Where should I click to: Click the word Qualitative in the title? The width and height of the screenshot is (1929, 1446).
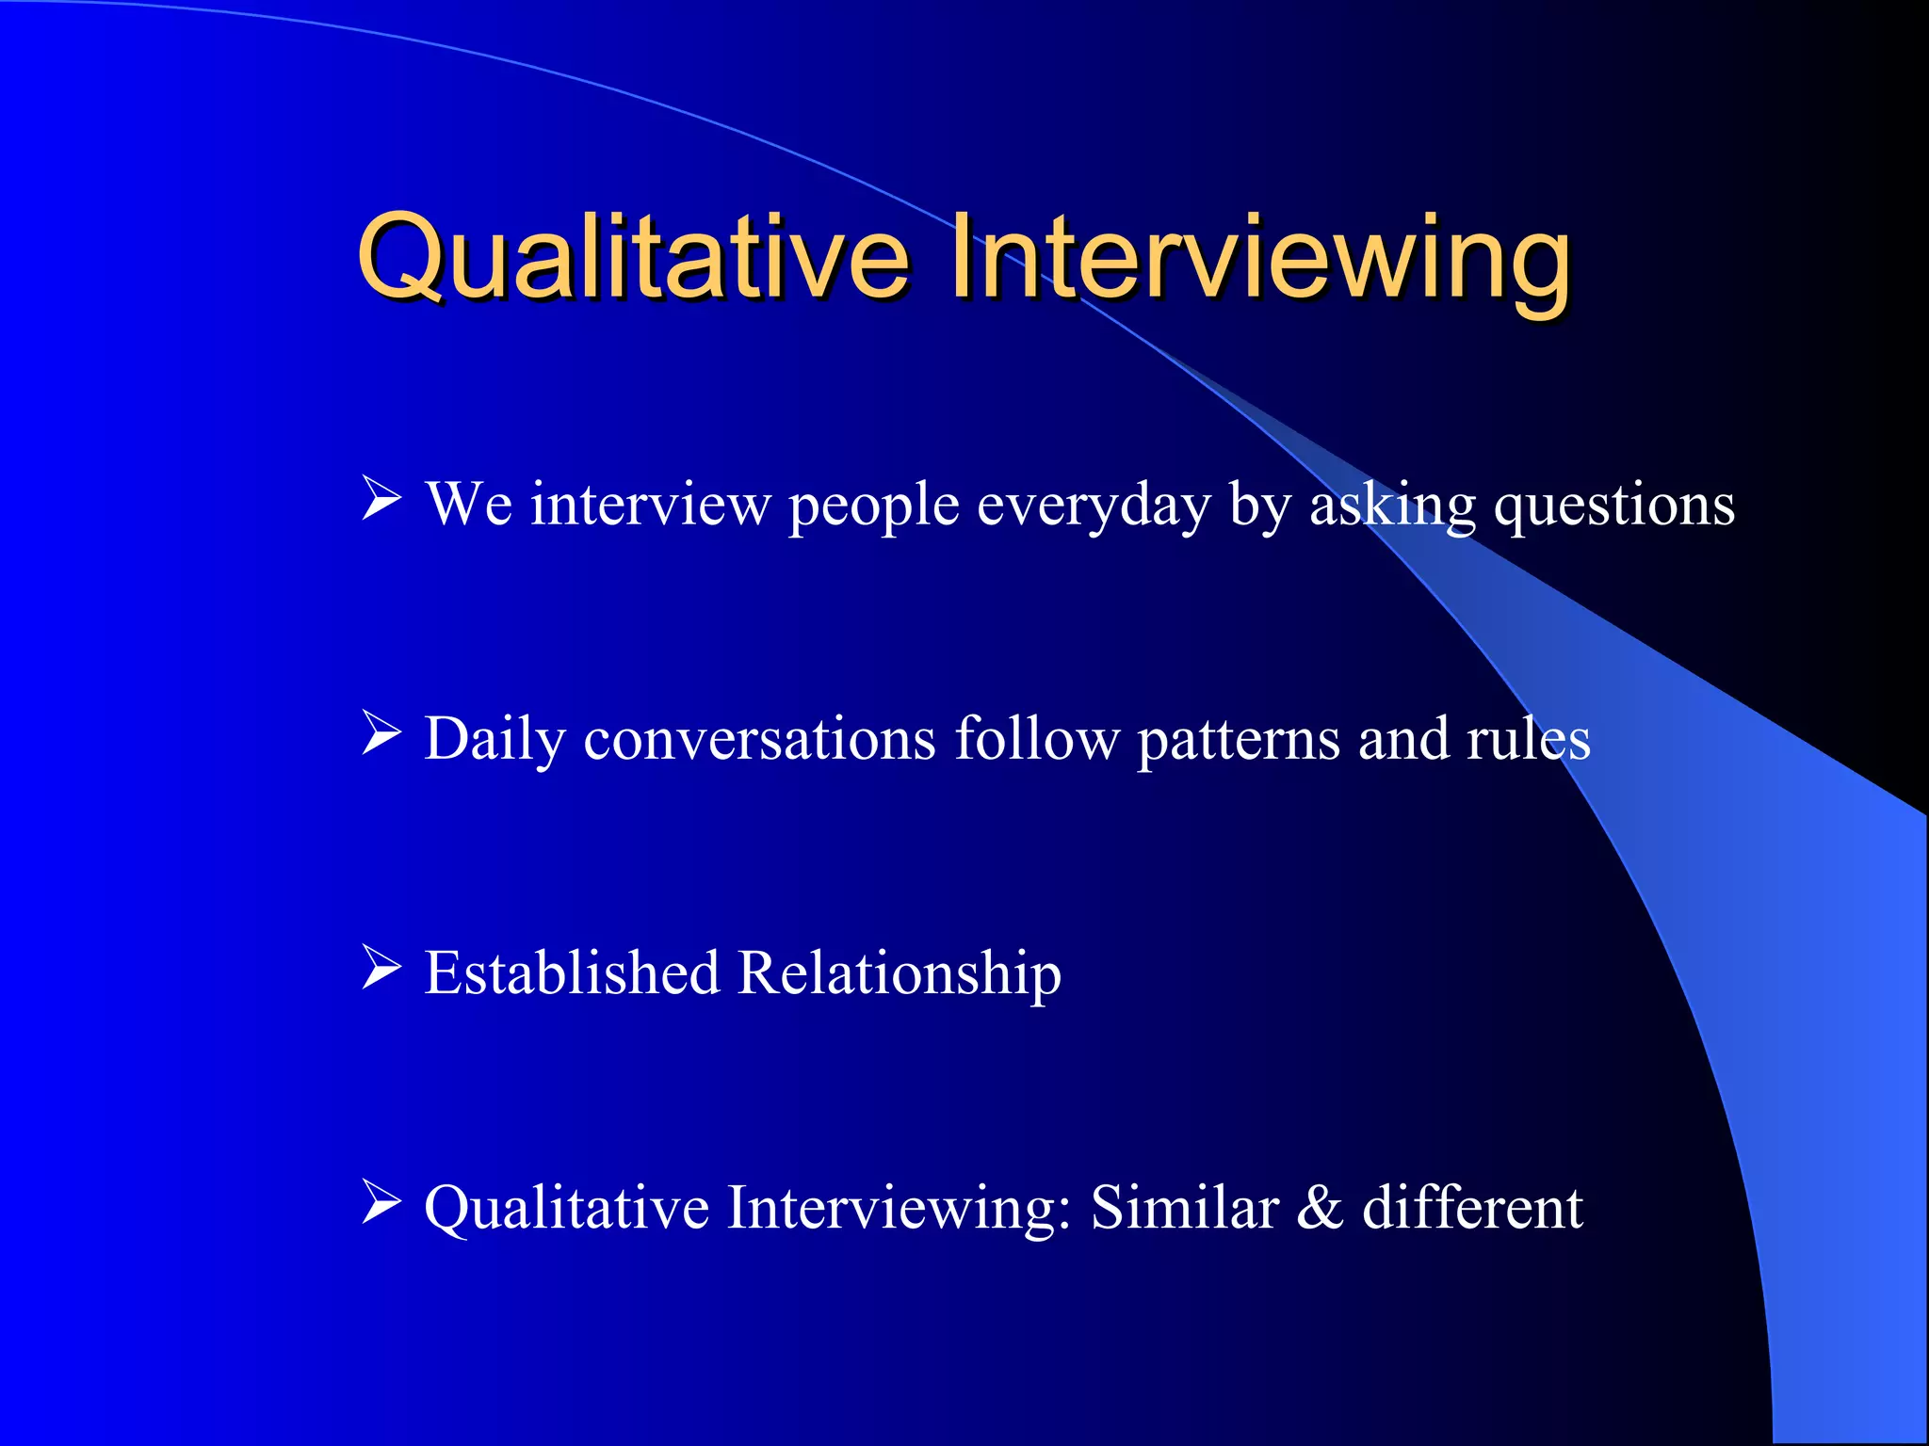pos(633,256)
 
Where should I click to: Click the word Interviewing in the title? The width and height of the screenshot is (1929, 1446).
pos(1260,256)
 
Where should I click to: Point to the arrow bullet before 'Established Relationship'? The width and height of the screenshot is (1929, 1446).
pos(381,969)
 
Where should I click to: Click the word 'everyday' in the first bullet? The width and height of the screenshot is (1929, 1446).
pos(1093,506)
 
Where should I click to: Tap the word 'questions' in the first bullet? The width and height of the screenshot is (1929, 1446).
pos(1614,506)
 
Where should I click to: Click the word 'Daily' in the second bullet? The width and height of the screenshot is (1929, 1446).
pos(494,739)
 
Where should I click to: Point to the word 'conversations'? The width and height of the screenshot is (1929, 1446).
pos(759,739)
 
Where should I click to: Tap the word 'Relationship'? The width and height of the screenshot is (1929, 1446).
pos(900,973)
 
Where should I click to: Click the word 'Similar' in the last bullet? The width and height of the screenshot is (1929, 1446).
pos(1184,1207)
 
